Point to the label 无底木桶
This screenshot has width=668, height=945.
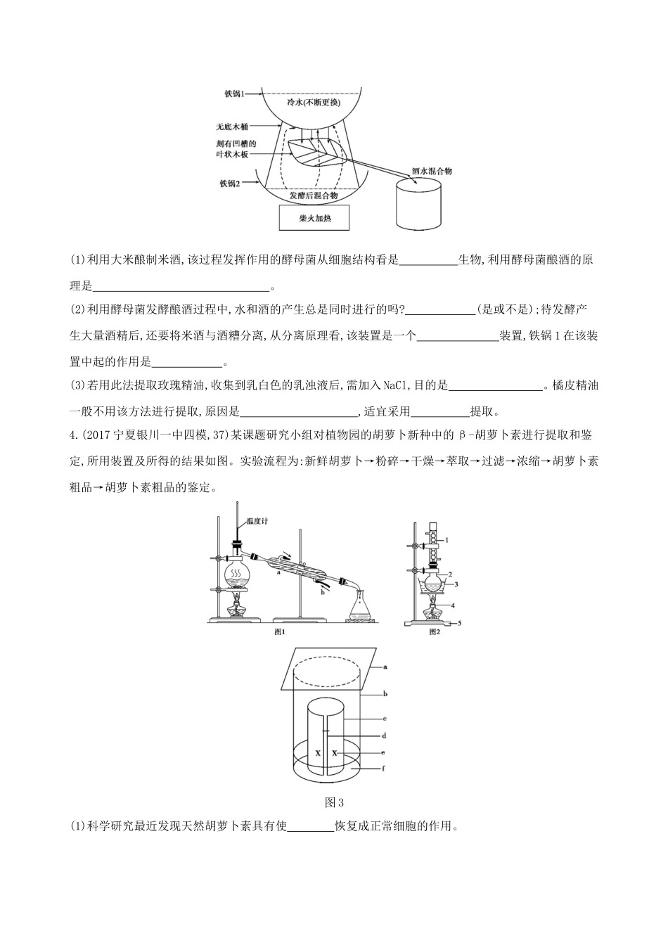[232, 128]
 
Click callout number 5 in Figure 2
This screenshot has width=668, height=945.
[459, 623]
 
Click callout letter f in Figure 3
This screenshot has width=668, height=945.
[384, 769]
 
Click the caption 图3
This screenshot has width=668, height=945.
[333, 802]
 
